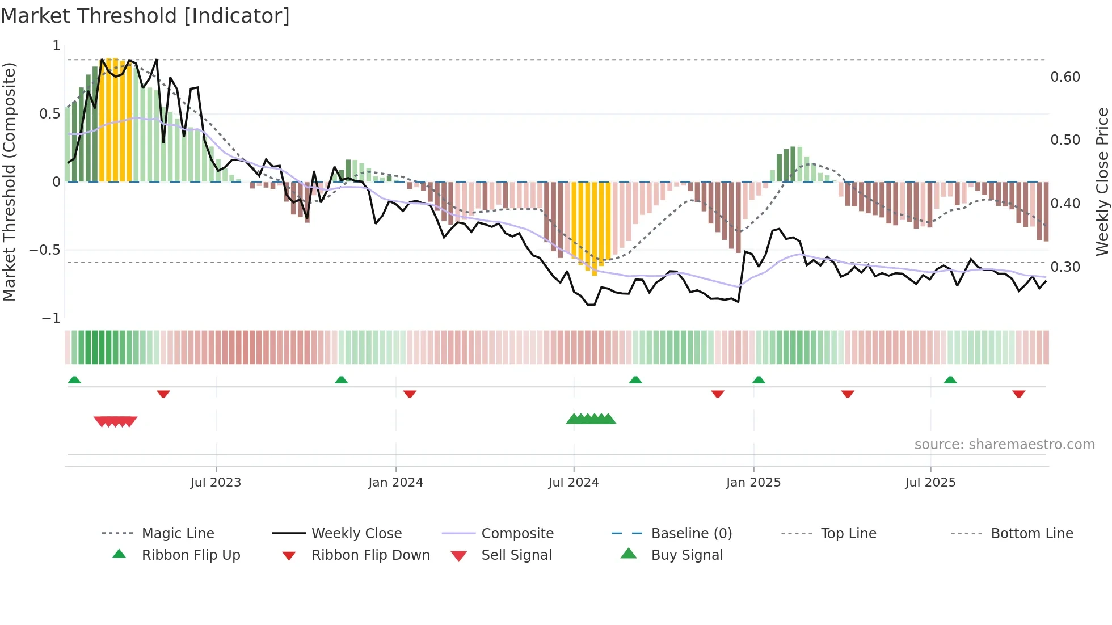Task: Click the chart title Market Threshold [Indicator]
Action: [145, 16]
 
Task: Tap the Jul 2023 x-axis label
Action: [216, 483]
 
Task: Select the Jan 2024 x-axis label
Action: [395, 483]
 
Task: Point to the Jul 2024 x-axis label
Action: [574, 483]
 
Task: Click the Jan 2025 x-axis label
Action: [753, 483]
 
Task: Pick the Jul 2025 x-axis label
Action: [930, 483]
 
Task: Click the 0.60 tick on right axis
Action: [1065, 77]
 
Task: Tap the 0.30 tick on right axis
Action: [1065, 267]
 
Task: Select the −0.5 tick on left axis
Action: [45, 250]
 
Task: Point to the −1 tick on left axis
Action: [51, 318]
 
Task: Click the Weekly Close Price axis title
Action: [1102, 181]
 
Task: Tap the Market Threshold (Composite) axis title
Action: [9, 181]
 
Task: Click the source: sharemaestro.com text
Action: [1004, 445]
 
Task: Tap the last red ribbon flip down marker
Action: [1018, 394]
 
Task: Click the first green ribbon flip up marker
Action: [74, 380]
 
